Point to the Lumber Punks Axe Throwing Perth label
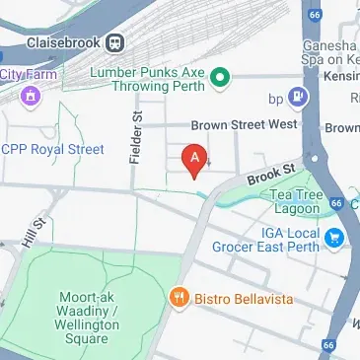click(x=148, y=79)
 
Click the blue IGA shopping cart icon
click(x=335, y=237)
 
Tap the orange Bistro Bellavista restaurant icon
click(x=179, y=296)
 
